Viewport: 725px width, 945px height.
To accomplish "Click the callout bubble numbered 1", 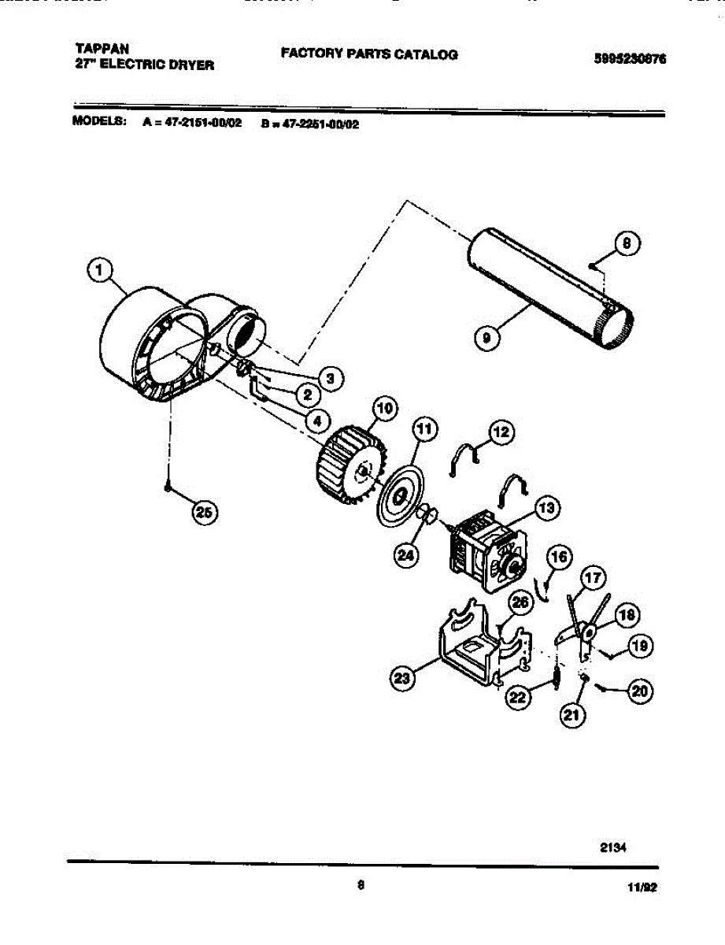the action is [x=98, y=272].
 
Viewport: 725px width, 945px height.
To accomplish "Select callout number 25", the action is [x=204, y=513].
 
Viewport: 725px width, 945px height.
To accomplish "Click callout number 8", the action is [x=627, y=245].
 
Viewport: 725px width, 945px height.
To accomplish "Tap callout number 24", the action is [x=406, y=555].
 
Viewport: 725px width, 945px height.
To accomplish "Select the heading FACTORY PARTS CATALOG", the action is [x=369, y=54].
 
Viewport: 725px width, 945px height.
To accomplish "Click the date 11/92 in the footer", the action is [x=642, y=887].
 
